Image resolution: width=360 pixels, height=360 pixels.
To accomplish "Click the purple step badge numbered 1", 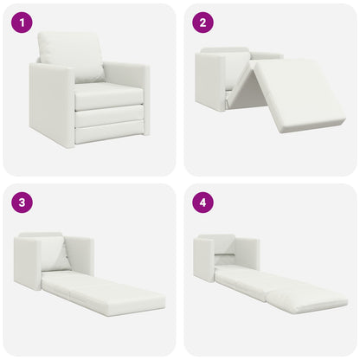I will point(21,22).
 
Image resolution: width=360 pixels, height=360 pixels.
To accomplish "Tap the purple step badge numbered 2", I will point(202,22).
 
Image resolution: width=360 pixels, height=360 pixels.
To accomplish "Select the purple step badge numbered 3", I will point(21,203).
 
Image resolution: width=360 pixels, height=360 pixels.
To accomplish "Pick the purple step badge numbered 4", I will point(202,203).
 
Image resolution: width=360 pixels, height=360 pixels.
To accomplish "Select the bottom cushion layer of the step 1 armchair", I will point(108,132).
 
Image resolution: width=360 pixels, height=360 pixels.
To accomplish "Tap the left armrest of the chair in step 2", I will point(209,83).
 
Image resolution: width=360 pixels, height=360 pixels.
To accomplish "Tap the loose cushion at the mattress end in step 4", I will point(307,299).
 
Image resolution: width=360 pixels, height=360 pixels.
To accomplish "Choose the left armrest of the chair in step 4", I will point(204,259).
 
